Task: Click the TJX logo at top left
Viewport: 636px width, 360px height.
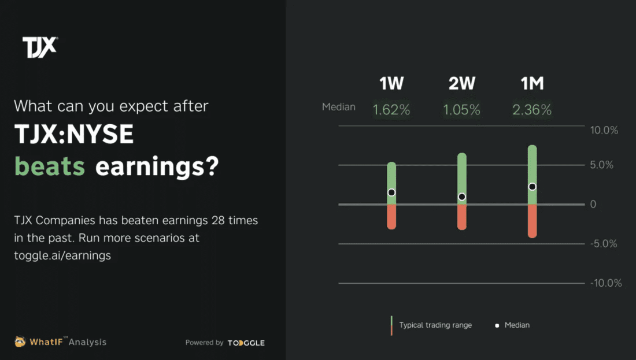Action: [x=40, y=47]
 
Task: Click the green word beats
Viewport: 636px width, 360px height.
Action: [x=50, y=167]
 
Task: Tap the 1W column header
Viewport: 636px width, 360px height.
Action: [x=391, y=84]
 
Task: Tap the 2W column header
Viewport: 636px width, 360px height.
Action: [x=461, y=84]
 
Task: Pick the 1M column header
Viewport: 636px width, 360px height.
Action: [x=532, y=84]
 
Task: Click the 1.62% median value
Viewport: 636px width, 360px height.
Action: [x=391, y=110]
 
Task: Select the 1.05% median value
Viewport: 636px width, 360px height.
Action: [x=461, y=110]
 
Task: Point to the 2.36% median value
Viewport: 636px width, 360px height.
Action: [x=532, y=110]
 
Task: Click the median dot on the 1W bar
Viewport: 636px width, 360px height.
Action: [x=391, y=192]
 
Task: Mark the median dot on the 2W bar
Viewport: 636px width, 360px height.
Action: [x=461, y=197]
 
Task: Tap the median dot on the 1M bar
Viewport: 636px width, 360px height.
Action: [x=533, y=187]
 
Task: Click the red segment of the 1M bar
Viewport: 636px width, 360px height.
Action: [x=533, y=221]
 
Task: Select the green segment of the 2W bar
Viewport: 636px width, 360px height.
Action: [x=461, y=173]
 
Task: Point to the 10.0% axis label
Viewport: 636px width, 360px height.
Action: [x=604, y=131]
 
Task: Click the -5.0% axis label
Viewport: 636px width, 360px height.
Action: [x=605, y=243]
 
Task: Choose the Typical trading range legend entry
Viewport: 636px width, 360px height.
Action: [x=435, y=325]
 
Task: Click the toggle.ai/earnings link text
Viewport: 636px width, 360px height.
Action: [x=62, y=255]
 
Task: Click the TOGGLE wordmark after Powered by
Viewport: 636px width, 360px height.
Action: [x=246, y=343]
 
